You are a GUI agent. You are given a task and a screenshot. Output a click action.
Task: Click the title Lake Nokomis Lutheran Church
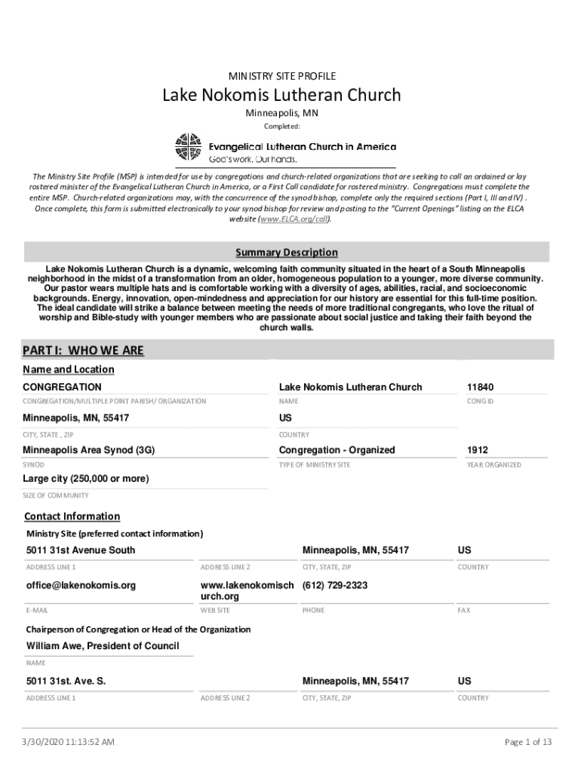282,95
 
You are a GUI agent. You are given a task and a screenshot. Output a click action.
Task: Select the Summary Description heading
287,253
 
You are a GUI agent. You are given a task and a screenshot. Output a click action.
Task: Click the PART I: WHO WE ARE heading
83,351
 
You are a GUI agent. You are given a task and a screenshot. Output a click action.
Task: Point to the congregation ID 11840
481,387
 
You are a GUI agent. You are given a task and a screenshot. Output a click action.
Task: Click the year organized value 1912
477,450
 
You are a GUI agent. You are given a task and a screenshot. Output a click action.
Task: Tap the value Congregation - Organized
337,450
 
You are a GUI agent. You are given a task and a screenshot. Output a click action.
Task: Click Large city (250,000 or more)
85,479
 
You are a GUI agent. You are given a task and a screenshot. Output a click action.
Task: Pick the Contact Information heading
72,516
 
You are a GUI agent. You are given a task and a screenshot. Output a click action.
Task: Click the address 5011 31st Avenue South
81,550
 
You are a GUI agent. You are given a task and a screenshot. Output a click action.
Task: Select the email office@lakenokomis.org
81,585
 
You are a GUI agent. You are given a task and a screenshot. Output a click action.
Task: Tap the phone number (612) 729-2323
334,585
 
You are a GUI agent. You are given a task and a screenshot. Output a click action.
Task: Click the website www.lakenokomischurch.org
247,590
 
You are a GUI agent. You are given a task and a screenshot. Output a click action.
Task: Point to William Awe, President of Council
103,645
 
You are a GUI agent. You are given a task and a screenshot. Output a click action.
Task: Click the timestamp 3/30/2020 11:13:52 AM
69,743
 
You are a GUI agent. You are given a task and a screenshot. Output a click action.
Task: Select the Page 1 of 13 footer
528,743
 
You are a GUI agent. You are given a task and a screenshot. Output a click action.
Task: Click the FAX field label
463,610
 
